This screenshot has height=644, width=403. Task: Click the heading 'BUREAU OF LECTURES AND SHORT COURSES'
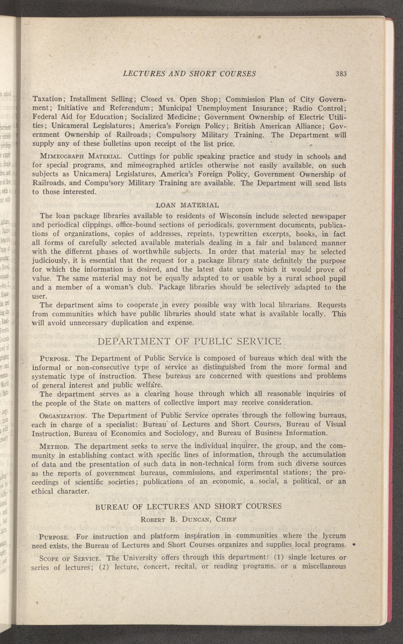[x=188, y=507]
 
